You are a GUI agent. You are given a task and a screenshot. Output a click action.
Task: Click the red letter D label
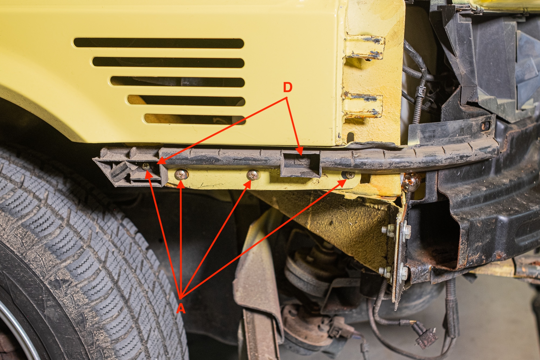[x=288, y=88]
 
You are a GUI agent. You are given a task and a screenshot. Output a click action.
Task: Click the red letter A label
[x=181, y=308]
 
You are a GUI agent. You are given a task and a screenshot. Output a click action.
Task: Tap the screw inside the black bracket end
[x=146, y=167]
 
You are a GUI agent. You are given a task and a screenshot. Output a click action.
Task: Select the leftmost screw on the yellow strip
[x=181, y=174]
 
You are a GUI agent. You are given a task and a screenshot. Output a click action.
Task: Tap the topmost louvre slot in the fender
[x=159, y=43]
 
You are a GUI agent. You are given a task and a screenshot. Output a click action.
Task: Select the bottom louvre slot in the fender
[x=194, y=119]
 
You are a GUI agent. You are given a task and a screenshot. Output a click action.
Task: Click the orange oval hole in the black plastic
[x=485, y=126]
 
